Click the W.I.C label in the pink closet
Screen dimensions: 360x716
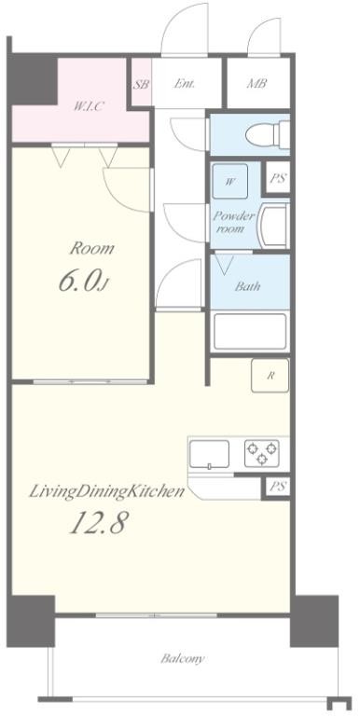(90, 106)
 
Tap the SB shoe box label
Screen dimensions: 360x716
(141, 85)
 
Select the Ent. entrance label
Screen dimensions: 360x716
(185, 84)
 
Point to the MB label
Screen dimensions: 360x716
(256, 84)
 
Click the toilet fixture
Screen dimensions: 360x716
(268, 134)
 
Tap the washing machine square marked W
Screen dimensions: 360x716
(230, 181)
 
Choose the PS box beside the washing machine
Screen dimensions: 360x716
(277, 178)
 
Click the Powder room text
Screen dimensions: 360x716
(233, 222)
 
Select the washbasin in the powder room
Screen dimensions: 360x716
(273, 226)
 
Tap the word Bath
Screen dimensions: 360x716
(247, 287)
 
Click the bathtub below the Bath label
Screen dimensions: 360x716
(250, 331)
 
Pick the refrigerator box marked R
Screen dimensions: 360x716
(270, 376)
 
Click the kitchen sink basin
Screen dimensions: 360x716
(209, 454)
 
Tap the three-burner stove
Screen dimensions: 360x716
(262, 453)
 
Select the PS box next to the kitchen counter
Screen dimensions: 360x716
(277, 487)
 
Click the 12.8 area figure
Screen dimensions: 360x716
(97, 522)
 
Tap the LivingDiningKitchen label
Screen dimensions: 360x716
(107, 492)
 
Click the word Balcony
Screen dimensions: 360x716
(182, 659)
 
